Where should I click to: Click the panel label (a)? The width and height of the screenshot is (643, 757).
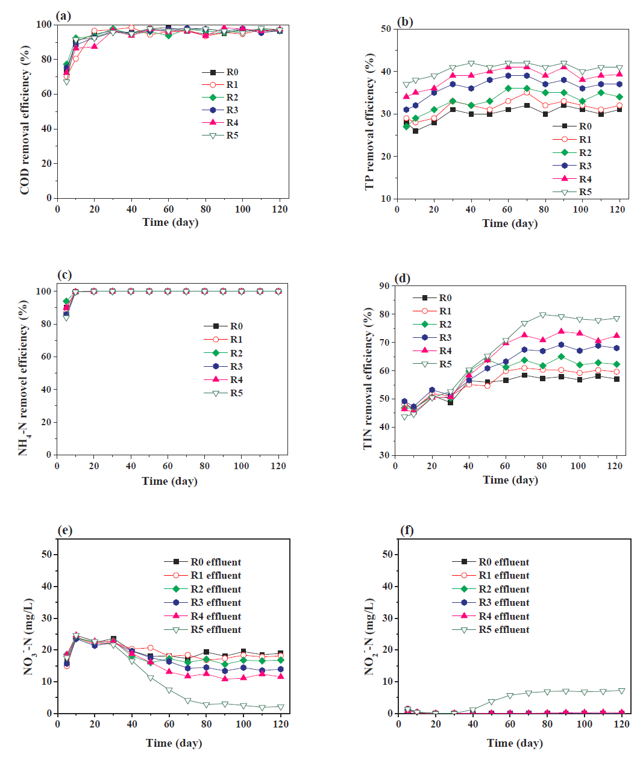click(63, 16)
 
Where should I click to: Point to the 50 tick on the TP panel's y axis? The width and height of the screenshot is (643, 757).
click(386, 29)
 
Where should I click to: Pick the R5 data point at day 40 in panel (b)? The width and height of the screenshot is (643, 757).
click(471, 63)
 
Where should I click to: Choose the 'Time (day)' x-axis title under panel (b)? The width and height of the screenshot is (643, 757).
click(510, 223)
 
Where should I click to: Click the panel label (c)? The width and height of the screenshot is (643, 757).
click(64, 275)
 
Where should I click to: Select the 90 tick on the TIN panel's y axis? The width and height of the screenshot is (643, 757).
click(384, 286)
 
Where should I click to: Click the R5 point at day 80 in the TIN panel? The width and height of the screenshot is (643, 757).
click(542, 315)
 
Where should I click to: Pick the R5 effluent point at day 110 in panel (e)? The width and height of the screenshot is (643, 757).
click(262, 708)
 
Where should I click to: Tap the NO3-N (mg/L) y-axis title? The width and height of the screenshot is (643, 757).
click(28, 637)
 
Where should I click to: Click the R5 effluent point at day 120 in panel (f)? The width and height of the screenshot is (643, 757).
click(621, 691)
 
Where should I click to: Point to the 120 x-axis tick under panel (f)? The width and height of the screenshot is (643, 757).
click(621, 724)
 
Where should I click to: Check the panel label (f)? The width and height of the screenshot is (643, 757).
click(407, 531)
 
